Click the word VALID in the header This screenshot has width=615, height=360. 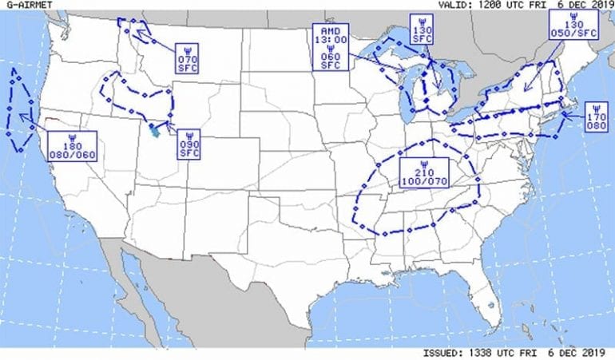[x=453, y=5]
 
